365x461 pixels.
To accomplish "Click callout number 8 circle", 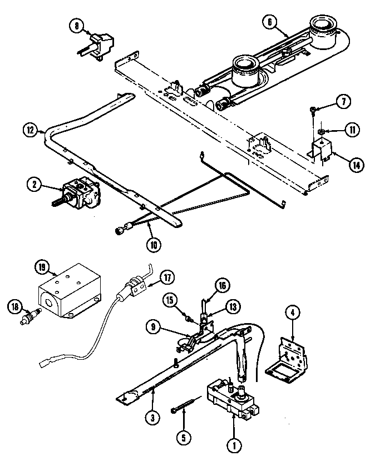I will pyautogui.click(x=77, y=24).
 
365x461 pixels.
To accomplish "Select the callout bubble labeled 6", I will pyautogui.click(x=269, y=22).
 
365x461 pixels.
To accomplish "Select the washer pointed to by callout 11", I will pyautogui.click(x=321, y=131).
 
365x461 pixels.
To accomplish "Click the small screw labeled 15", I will pyautogui.click(x=189, y=320).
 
